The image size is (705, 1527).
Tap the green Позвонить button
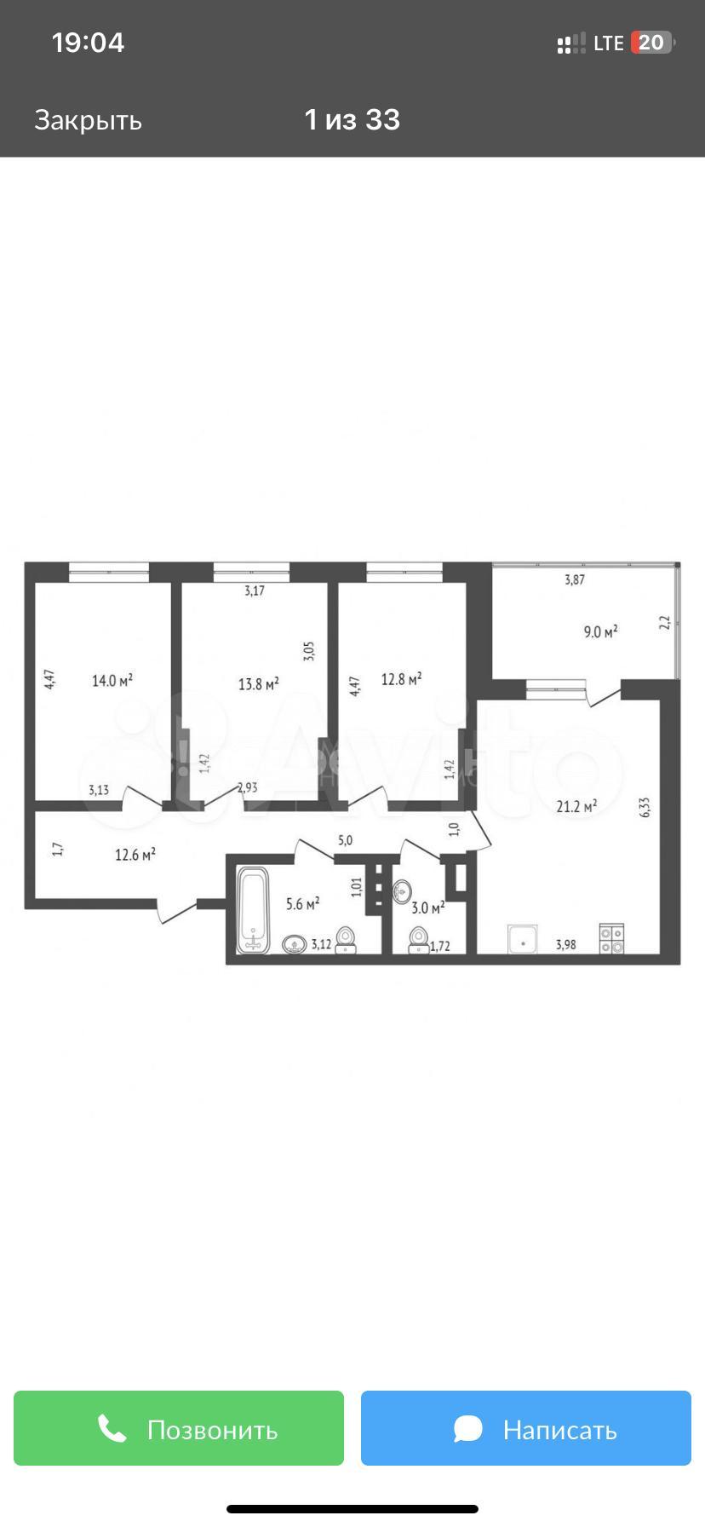point(179,1428)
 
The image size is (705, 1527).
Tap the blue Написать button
point(526,1428)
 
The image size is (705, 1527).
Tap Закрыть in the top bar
point(88,120)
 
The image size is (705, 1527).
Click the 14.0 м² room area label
point(112,681)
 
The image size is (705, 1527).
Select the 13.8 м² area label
point(259,683)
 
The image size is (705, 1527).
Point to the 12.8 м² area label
point(402,679)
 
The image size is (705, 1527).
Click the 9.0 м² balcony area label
point(600,631)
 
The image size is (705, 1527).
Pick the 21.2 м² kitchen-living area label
point(576,805)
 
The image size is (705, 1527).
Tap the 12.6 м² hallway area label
point(135,854)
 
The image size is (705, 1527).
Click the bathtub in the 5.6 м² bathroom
point(253,910)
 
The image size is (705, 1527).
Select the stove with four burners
point(611,938)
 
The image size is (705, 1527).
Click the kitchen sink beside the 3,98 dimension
point(523,939)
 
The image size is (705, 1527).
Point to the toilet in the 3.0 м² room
point(418,940)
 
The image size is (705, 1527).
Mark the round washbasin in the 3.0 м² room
point(403,891)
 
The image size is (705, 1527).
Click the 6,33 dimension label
point(645,808)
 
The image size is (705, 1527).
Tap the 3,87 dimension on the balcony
point(575,580)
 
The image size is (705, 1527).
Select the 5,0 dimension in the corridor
point(345,840)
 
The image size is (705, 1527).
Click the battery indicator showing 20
point(652,43)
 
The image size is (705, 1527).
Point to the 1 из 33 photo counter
point(352,120)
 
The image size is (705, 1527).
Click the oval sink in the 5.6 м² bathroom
point(295,944)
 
